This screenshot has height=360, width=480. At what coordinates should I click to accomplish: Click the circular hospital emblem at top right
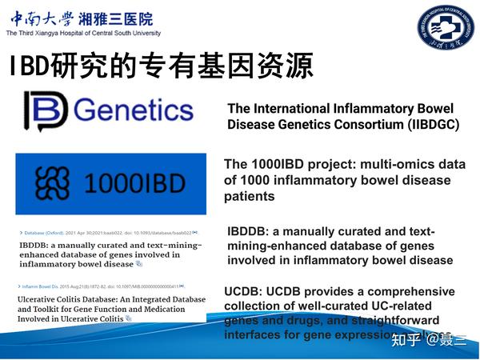pos(445,30)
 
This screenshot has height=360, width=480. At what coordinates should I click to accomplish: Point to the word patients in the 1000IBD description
pos(249,196)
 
